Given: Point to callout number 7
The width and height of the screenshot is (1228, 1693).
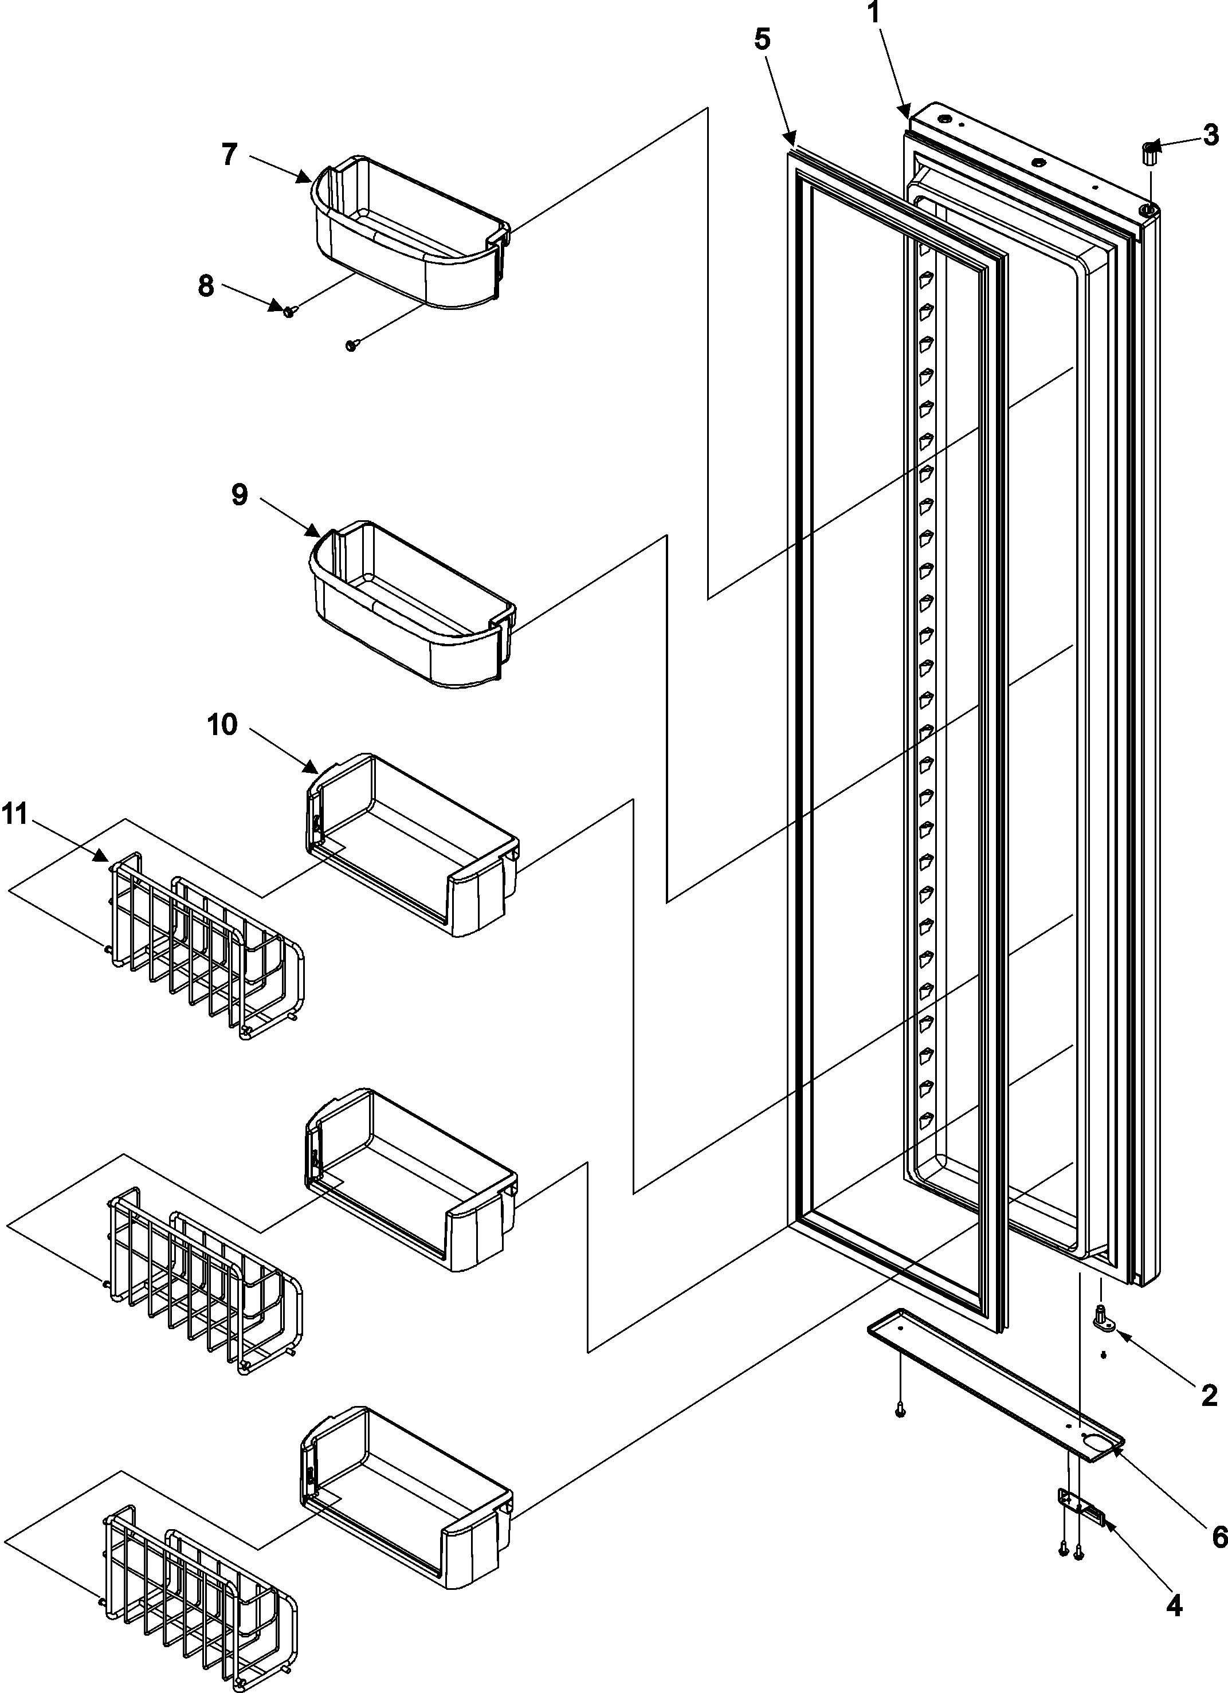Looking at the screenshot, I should tap(229, 155).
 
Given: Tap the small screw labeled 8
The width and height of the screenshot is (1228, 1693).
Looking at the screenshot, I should tap(289, 311).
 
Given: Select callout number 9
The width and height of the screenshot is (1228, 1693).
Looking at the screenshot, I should tap(239, 495).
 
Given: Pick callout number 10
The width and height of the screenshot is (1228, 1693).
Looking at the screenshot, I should tap(222, 724).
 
